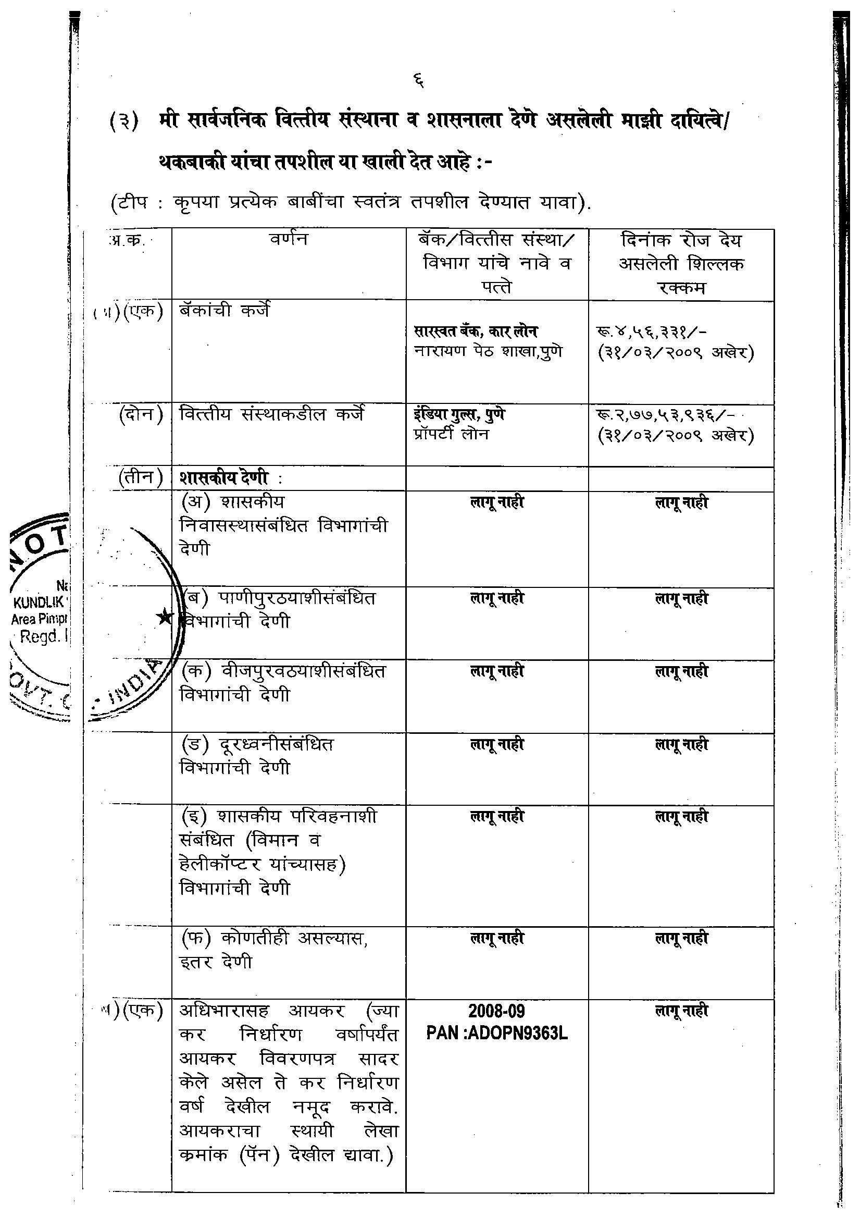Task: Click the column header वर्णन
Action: click(288, 240)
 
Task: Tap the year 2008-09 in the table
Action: click(496, 1011)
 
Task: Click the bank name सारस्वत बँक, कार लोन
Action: click(476, 331)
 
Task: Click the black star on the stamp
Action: click(165, 617)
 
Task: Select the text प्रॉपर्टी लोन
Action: click(452, 435)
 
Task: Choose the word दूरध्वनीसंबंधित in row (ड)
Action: click(276, 745)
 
